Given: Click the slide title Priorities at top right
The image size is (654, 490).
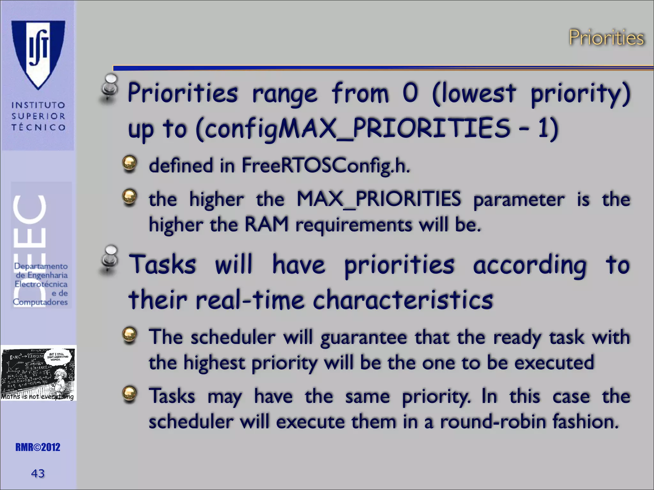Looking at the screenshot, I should tap(606, 38).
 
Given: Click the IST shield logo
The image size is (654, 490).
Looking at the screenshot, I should tap(38, 54).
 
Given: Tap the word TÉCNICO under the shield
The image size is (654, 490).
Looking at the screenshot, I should tap(38, 127).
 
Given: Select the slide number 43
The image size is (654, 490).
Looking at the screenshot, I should tap(38, 473).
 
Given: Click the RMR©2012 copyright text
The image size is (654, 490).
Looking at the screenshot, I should tap(38, 447).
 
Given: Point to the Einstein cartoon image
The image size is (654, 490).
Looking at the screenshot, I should tap(38, 373).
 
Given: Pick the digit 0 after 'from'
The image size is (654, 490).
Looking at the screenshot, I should tap(410, 93).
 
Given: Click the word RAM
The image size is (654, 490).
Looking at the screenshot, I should tap(266, 225).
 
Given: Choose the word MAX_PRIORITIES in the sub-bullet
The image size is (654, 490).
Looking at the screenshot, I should tap(379, 199).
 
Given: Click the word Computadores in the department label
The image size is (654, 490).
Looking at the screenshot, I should tap(40, 302).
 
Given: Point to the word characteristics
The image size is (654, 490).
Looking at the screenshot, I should tap(403, 300).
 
